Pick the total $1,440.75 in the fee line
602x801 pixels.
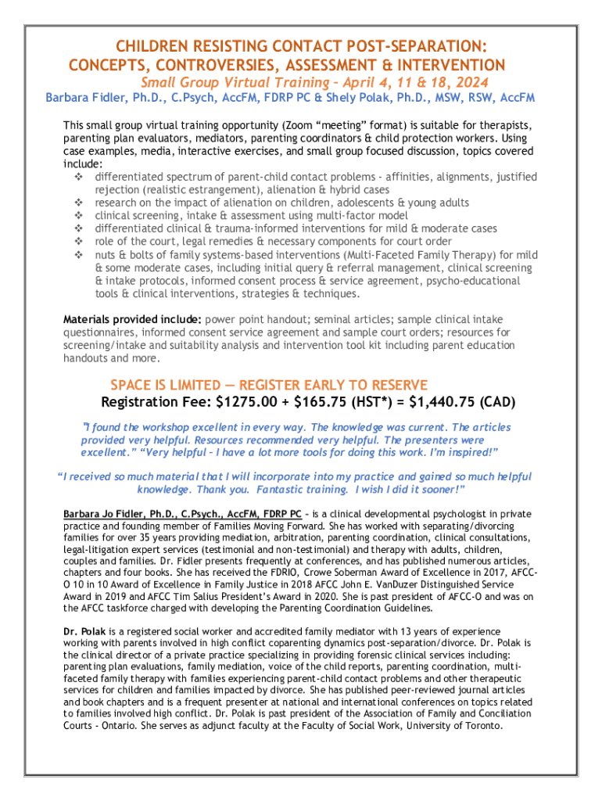(443, 403)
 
